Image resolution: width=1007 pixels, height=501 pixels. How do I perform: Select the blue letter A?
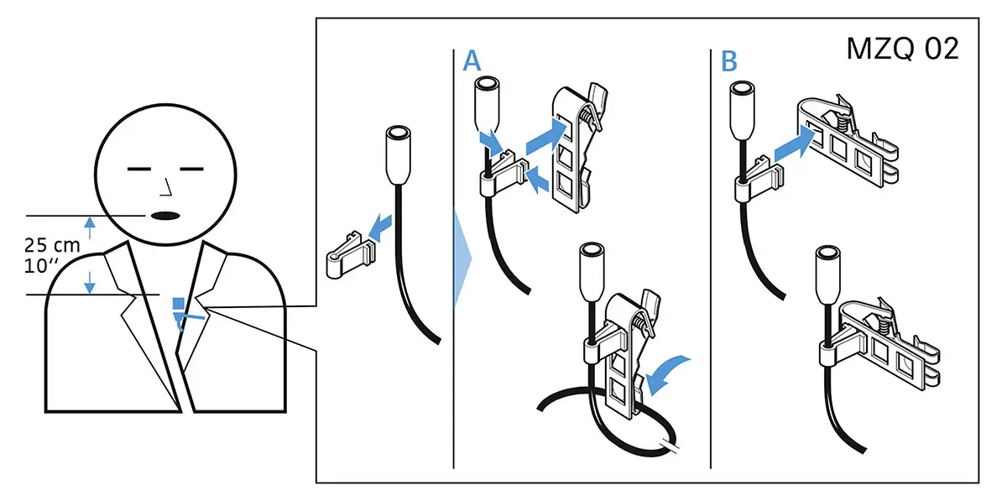pos(472,60)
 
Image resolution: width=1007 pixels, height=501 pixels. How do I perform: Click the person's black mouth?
pos(165,216)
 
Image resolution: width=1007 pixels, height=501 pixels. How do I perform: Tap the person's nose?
pos(167,185)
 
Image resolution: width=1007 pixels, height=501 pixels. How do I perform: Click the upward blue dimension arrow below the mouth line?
pos(91,224)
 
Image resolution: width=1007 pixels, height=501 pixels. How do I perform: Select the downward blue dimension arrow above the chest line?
pos(91,286)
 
